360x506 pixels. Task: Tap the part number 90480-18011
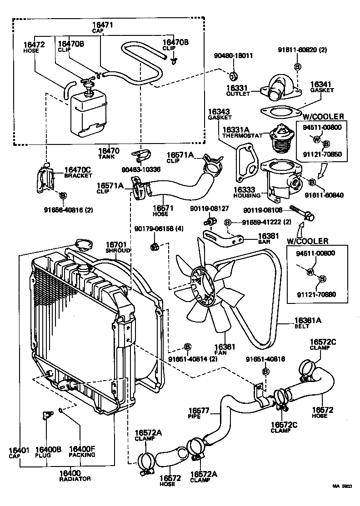(234, 56)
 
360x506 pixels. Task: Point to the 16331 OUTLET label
(238, 90)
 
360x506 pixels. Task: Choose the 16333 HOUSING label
(247, 192)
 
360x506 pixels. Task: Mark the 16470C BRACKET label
(78, 172)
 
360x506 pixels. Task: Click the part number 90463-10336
(141, 169)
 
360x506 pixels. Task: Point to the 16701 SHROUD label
(118, 247)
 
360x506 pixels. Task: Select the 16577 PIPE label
(198, 413)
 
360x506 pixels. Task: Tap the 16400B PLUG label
(48, 452)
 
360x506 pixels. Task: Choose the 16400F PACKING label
(82, 452)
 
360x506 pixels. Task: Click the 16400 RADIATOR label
(75, 476)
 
